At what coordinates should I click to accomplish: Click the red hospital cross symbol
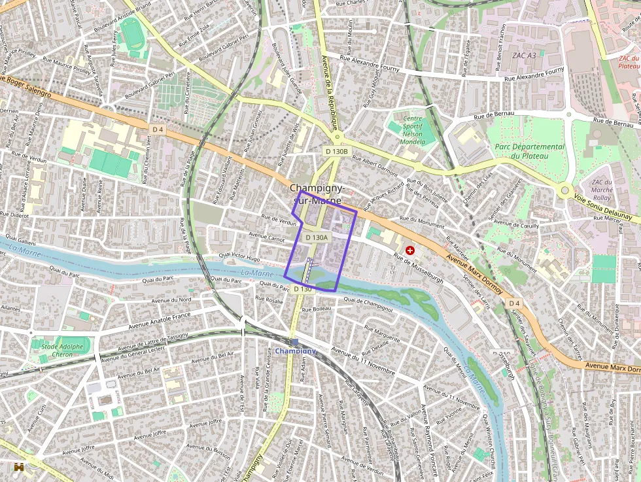(410, 250)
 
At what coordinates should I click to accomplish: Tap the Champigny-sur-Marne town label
(317, 194)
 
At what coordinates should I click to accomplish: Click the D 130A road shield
(317, 238)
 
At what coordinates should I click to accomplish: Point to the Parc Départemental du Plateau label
(529, 151)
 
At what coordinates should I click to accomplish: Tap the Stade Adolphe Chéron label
(62, 351)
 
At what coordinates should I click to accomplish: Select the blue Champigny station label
(295, 351)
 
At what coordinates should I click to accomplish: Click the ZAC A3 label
(524, 56)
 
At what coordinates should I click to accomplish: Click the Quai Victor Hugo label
(239, 258)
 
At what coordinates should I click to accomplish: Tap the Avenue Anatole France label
(160, 320)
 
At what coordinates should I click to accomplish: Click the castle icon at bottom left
(19, 467)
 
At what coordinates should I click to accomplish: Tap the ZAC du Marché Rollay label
(602, 190)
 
